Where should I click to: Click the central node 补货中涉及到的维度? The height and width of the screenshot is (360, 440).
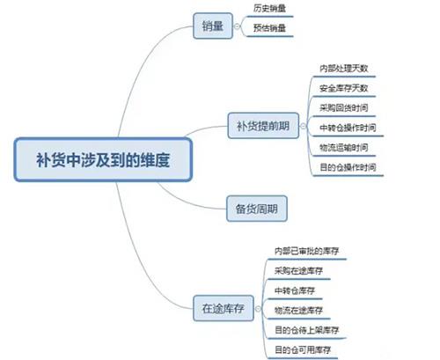103,159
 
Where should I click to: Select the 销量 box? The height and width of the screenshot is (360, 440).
213,26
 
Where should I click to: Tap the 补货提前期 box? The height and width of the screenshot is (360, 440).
263,126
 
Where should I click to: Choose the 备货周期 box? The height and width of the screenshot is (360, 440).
257,209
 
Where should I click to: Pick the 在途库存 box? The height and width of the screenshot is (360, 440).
224,308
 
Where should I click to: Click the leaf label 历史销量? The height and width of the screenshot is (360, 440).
269,8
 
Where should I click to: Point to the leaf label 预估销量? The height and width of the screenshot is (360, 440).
269,28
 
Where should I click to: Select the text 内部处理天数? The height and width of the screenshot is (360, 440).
344,69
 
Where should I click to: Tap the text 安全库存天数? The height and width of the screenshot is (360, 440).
344,88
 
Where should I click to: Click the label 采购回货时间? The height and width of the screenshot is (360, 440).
344,107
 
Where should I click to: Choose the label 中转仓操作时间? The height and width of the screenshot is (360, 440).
348,128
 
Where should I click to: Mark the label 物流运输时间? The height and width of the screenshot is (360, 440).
344,147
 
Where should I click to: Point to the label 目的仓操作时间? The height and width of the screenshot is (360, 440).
348,167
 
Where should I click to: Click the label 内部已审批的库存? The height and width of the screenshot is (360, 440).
307,251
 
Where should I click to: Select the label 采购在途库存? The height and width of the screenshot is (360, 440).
298,270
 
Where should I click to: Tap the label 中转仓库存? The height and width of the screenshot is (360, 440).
295,290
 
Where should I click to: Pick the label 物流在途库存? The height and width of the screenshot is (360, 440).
298,310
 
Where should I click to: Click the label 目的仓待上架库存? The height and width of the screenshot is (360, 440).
307,330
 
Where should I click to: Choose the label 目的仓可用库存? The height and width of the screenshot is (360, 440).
303,349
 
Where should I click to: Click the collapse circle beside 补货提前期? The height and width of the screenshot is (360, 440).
304,126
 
